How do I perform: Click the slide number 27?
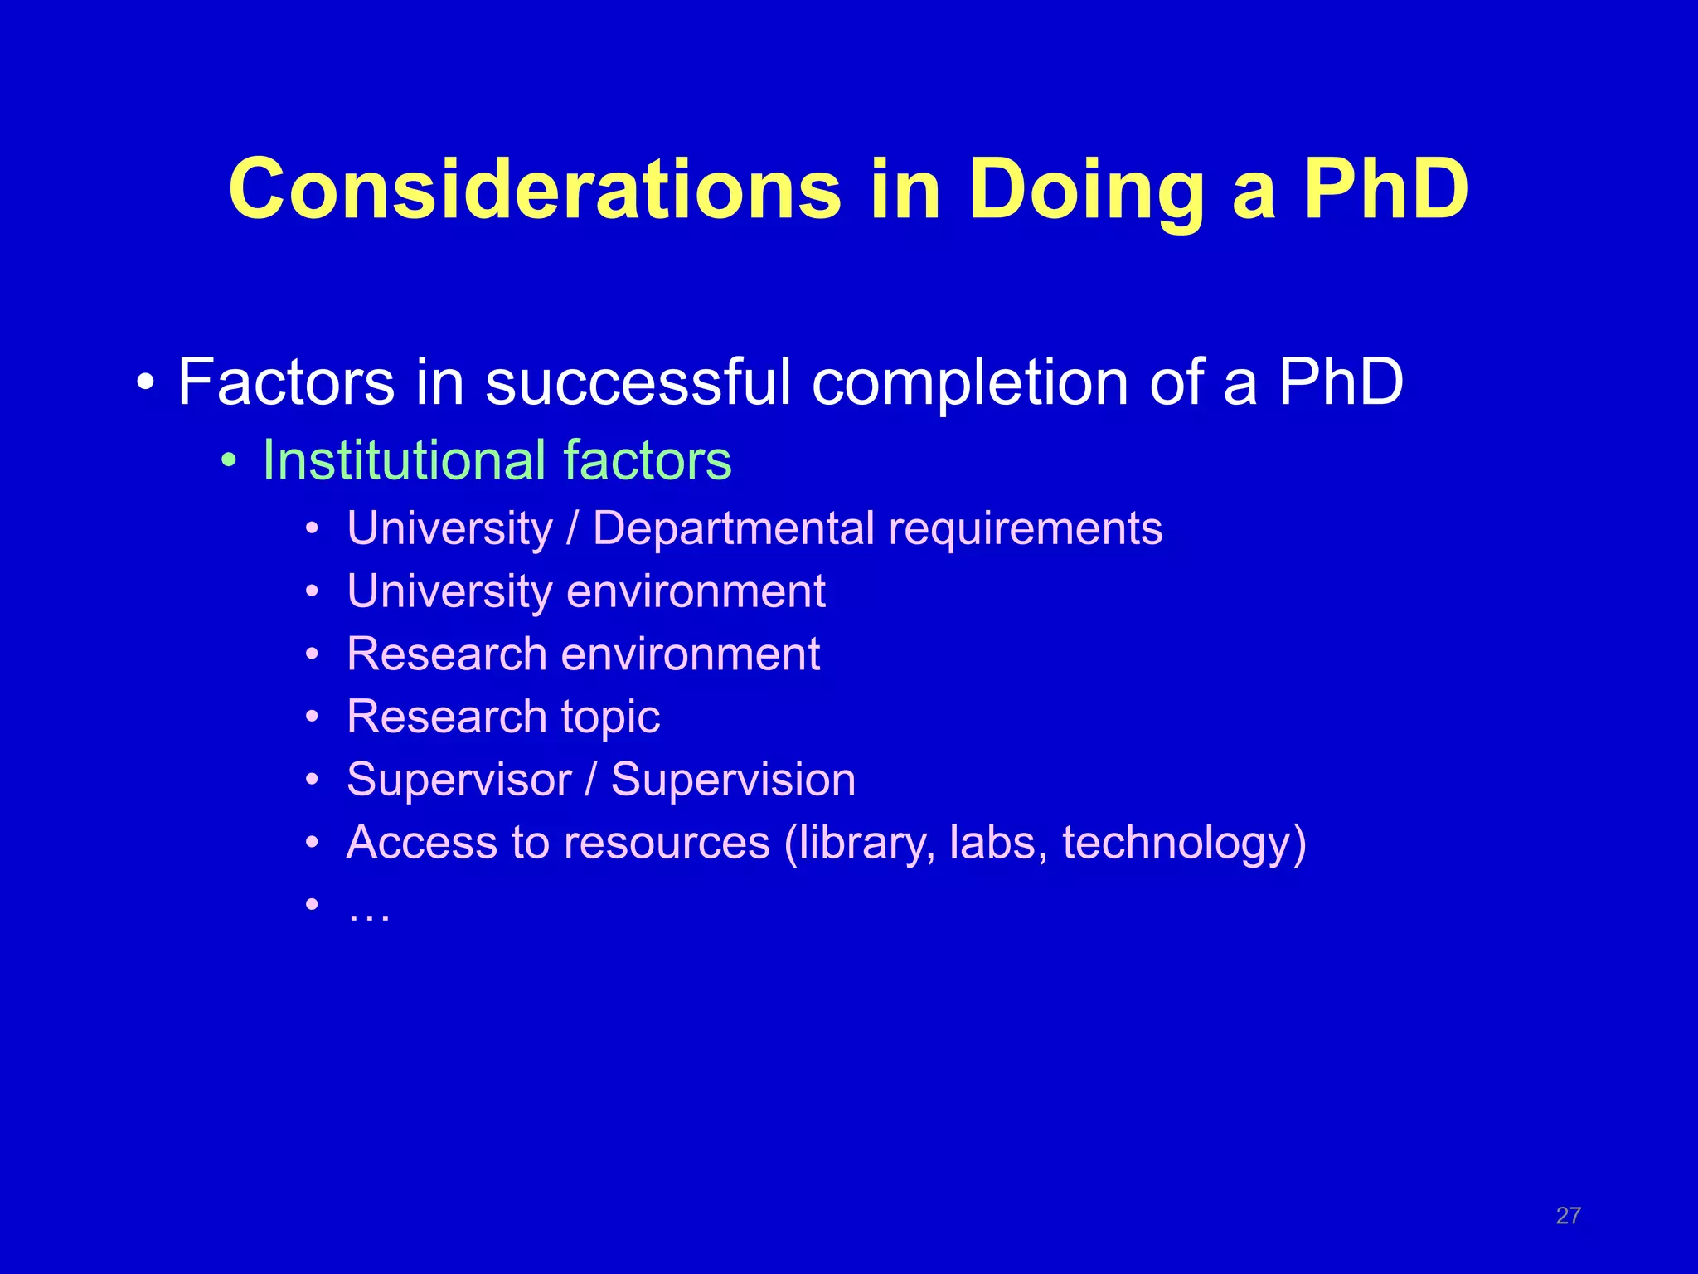pyautogui.click(x=1568, y=1216)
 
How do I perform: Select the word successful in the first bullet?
pyautogui.click(x=638, y=382)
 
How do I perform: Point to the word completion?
pyautogui.click(x=971, y=384)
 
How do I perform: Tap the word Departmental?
pyautogui.click(x=733, y=528)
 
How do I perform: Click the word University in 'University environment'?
pyautogui.click(x=449, y=592)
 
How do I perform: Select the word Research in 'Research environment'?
pyautogui.click(x=447, y=654)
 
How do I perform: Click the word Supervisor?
pyautogui.click(x=458, y=780)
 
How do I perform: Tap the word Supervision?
pyautogui.click(x=733, y=780)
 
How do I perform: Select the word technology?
pyautogui.click(x=1176, y=844)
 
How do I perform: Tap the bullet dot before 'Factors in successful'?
pyautogui.click(x=146, y=384)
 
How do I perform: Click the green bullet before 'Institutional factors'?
pyautogui.click(x=229, y=460)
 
